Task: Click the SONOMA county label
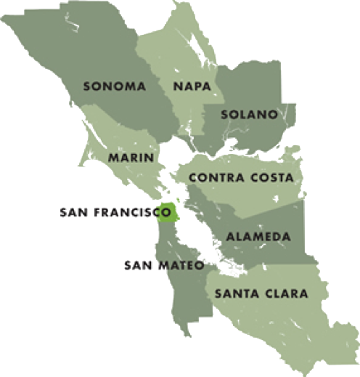pyautogui.click(x=115, y=86)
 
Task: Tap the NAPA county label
pyautogui.click(x=192, y=86)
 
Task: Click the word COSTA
pyautogui.click(x=274, y=178)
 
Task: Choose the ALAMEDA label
pyautogui.click(x=258, y=237)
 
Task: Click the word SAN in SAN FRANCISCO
pyautogui.click(x=73, y=214)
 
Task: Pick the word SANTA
pyautogui.click(x=234, y=294)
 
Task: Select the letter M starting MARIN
pyautogui.click(x=112, y=157)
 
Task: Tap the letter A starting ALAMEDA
pyautogui.click(x=229, y=237)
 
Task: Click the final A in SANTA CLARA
pyautogui.click(x=304, y=294)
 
